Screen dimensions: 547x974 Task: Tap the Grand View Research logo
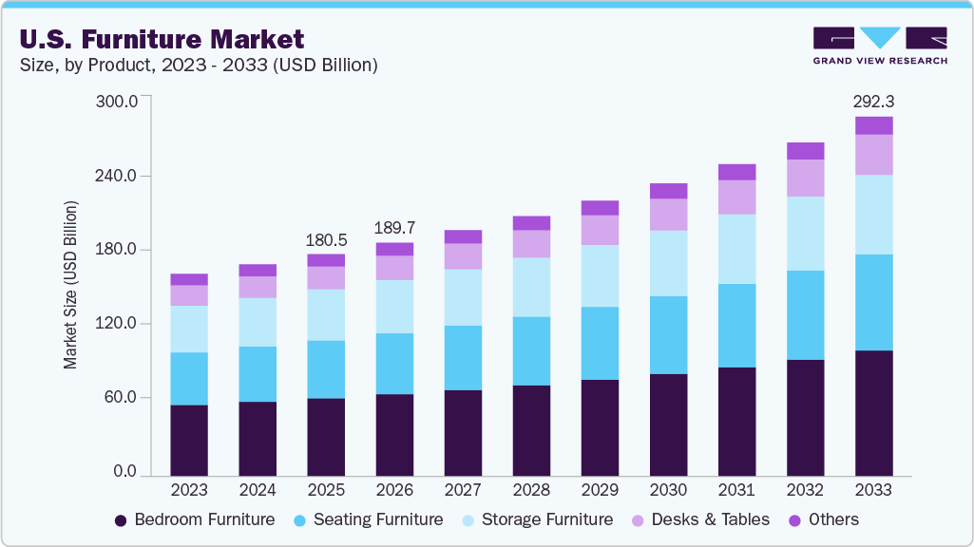(x=879, y=46)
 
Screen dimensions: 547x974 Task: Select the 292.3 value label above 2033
(x=874, y=100)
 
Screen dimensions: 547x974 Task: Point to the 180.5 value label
(x=326, y=239)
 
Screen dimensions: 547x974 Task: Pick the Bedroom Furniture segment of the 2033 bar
(x=873, y=413)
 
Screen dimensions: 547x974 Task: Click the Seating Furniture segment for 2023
(x=189, y=379)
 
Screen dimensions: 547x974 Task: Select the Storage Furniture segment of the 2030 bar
(x=668, y=263)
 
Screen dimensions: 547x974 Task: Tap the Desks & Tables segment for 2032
(x=805, y=178)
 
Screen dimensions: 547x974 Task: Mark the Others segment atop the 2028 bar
(x=531, y=223)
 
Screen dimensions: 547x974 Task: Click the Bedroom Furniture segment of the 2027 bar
(x=463, y=432)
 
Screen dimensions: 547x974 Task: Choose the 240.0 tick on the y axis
(x=119, y=177)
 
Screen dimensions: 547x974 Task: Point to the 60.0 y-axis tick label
(x=123, y=398)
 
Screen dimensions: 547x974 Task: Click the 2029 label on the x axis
(x=600, y=491)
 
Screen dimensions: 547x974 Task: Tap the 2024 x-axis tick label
(x=258, y=491)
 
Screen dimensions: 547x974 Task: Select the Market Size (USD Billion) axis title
(x=71, y=285)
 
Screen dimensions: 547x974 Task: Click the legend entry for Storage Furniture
(x=536, y=519)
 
